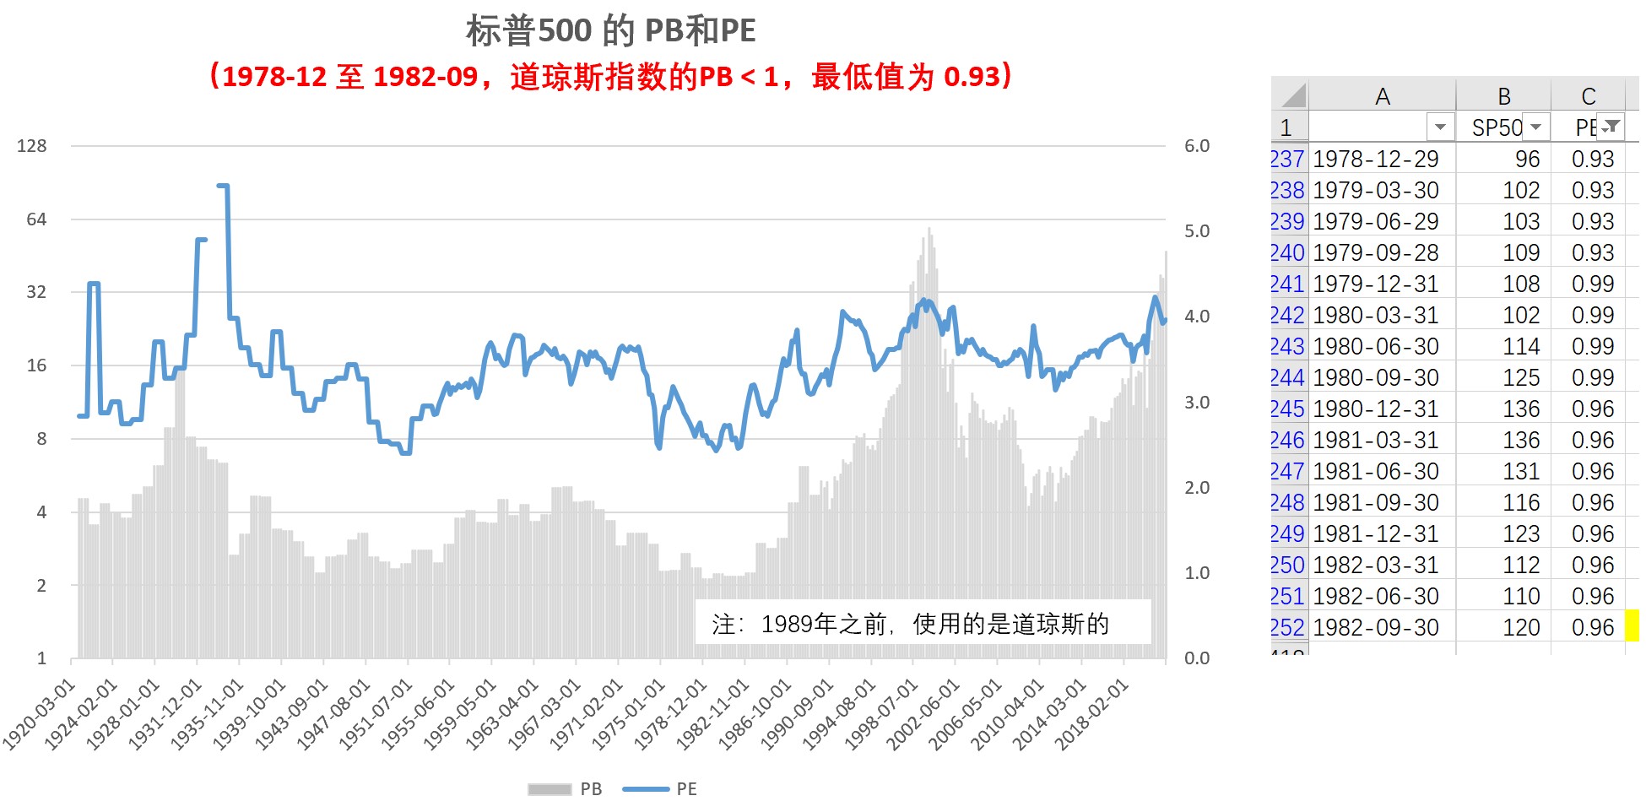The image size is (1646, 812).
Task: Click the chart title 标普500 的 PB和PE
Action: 610,30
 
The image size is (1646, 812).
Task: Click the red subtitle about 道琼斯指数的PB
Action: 610,77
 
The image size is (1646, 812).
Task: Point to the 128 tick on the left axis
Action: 32,146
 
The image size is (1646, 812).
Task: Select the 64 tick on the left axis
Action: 36,219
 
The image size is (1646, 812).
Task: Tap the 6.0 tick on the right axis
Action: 1196,146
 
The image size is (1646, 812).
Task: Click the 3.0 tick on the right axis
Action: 1196,403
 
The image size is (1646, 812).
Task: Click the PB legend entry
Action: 566,789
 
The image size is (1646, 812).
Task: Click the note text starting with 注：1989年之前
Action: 910,624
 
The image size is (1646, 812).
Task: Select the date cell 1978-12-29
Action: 1376,159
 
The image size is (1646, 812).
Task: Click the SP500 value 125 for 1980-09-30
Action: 1521,377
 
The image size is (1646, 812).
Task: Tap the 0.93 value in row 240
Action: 1592,252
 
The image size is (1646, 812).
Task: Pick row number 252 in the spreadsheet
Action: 1287,627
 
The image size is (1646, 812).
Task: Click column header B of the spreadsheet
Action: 1504,96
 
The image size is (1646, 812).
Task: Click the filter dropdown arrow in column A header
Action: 1440,127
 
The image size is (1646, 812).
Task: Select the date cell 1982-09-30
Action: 1376,627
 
